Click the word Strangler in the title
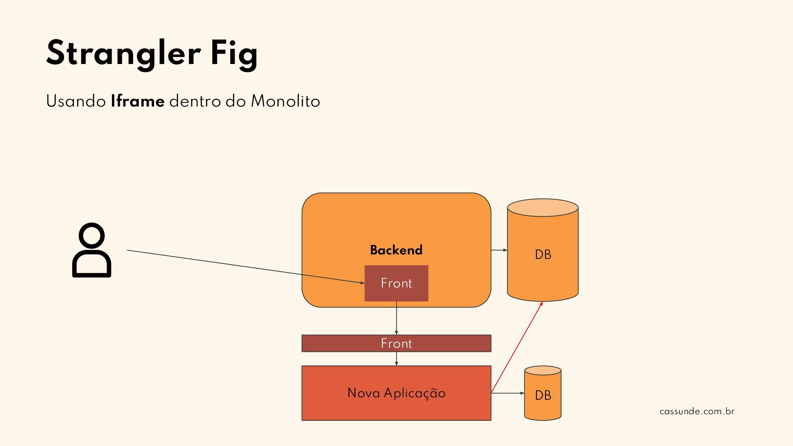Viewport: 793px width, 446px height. click(123, 54)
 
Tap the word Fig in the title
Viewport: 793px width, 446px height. click(234, 54)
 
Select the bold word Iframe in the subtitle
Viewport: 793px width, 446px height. click(138, 102)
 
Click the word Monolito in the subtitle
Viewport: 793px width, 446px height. click(285, 102)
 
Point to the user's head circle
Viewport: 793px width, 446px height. click(92, 236)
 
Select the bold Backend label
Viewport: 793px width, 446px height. click(396, 250)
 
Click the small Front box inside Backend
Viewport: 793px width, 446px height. click(396, 283)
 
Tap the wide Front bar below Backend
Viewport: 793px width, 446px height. click(396, 343)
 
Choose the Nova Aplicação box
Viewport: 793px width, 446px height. click(396, 393)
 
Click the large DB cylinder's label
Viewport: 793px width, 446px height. click(543, 254)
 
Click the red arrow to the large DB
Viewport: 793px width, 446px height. click(517, 347)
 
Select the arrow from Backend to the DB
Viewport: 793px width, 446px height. click(499, 250)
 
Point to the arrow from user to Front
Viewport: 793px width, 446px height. click(245, 266)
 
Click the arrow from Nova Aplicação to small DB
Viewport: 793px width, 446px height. click(508, 393)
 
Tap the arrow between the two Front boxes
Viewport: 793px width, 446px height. click(396, 318)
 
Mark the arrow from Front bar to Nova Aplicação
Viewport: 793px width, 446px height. click(396, 358)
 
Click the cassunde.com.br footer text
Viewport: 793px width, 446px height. click(697, 411)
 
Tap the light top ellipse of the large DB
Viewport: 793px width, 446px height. click(543, 207)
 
